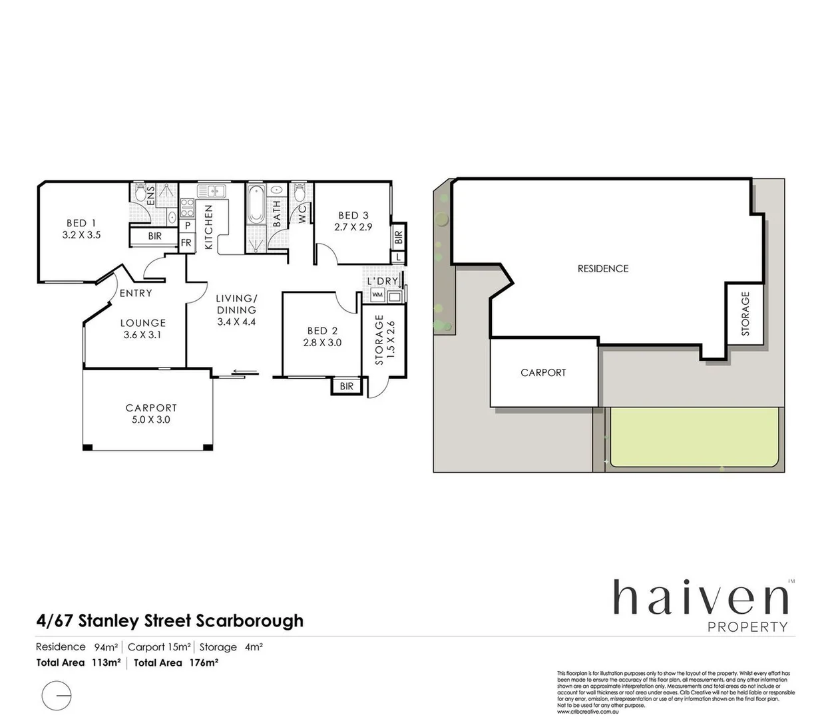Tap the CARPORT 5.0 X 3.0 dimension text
pyautogui.click(x=151, y=419)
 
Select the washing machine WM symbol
pyautogui.click(x=377, y=294)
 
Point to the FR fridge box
pyautogui.click(x=186, y=243)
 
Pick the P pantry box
pyautogui.click(x=188, y=226)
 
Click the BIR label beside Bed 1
pyautogui.click(x=154, y=236)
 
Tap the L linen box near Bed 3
pyautogui.click(x=398, y=256)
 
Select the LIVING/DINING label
pyautogui.click(x=236, y=304)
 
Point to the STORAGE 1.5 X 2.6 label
pyautogui.click(x=385, y=340)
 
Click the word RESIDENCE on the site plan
pyautogui.click(x=602, y=269)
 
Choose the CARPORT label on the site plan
pyautogui.click(x=543, y=373)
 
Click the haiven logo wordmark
pyautogui.click(x=700, y=597)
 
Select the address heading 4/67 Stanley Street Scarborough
pyautogui.click(x=170, y=620)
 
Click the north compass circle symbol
pyautogui.click(x=56, y=695)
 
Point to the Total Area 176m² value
pyautogui.click(x=176, y=662)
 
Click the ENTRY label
pyautogui.click(x=136, y=293)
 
